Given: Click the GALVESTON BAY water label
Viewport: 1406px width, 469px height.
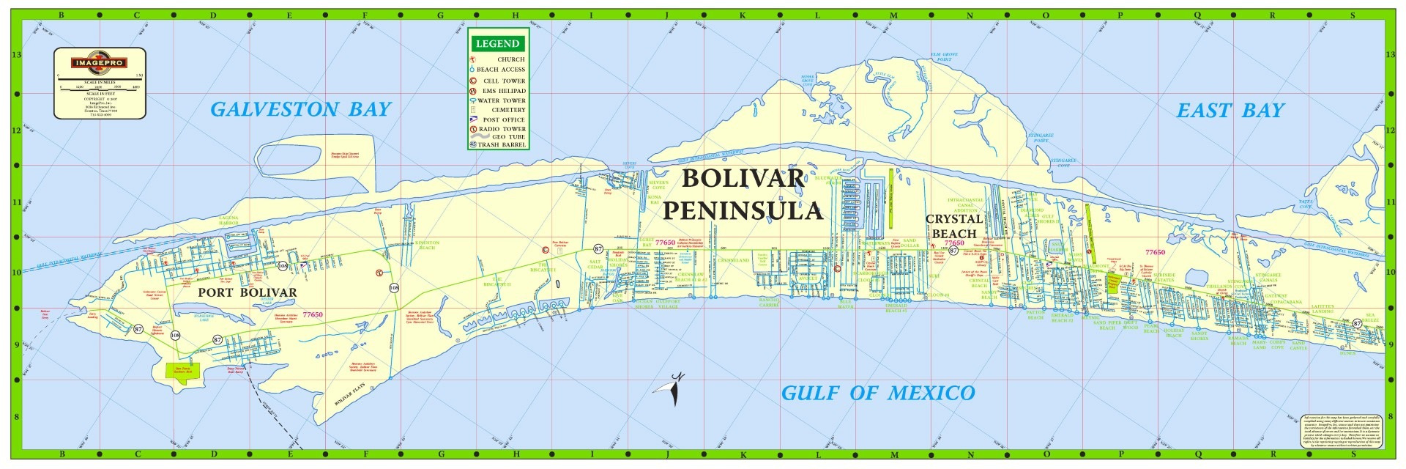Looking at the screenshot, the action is (301, 110).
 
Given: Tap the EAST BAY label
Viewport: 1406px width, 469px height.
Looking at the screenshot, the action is (1230, 111).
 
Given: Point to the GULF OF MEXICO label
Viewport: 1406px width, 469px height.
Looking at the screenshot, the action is (878, 394).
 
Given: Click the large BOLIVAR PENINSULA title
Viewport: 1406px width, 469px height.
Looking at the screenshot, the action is (743, 195).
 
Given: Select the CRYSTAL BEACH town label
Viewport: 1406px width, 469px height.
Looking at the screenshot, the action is (954, 226).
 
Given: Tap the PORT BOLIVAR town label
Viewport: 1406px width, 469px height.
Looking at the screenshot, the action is (248, 292).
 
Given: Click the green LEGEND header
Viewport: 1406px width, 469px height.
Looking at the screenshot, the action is (497, 44).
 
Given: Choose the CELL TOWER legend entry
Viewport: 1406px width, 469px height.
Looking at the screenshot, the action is (504, 81).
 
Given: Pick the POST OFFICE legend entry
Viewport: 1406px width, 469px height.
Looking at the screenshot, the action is (504, 119).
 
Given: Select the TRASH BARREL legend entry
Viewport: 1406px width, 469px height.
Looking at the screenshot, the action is (502, 145).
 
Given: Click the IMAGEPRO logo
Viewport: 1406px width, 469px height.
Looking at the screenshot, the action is (99, 63).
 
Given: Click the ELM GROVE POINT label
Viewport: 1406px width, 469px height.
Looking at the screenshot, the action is (944, 56).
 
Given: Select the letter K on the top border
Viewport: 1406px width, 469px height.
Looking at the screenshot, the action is (742, 15).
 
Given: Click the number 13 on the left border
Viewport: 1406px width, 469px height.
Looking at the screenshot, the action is (16, 55).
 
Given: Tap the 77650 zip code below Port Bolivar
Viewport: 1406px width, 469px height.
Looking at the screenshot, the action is (313, 315).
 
